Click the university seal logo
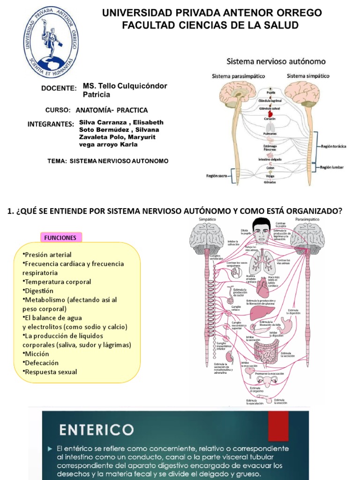click(x=51, y=45)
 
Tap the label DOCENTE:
click(x=59, y=88)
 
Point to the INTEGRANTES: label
click(x=51, y=124)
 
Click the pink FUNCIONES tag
click(x=60, y=238)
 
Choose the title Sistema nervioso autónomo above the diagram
click(x=276, y=61)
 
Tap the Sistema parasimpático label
click(x=239, y=76)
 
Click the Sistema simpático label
click(x=307, y=75)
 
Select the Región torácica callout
click(x=333, y=146)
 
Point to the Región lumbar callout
click(x=332, y=167)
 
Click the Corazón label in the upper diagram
click(x=270, y=119)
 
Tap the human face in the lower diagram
click(x=262, y=232)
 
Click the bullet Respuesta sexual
click(x=50, y=372)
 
